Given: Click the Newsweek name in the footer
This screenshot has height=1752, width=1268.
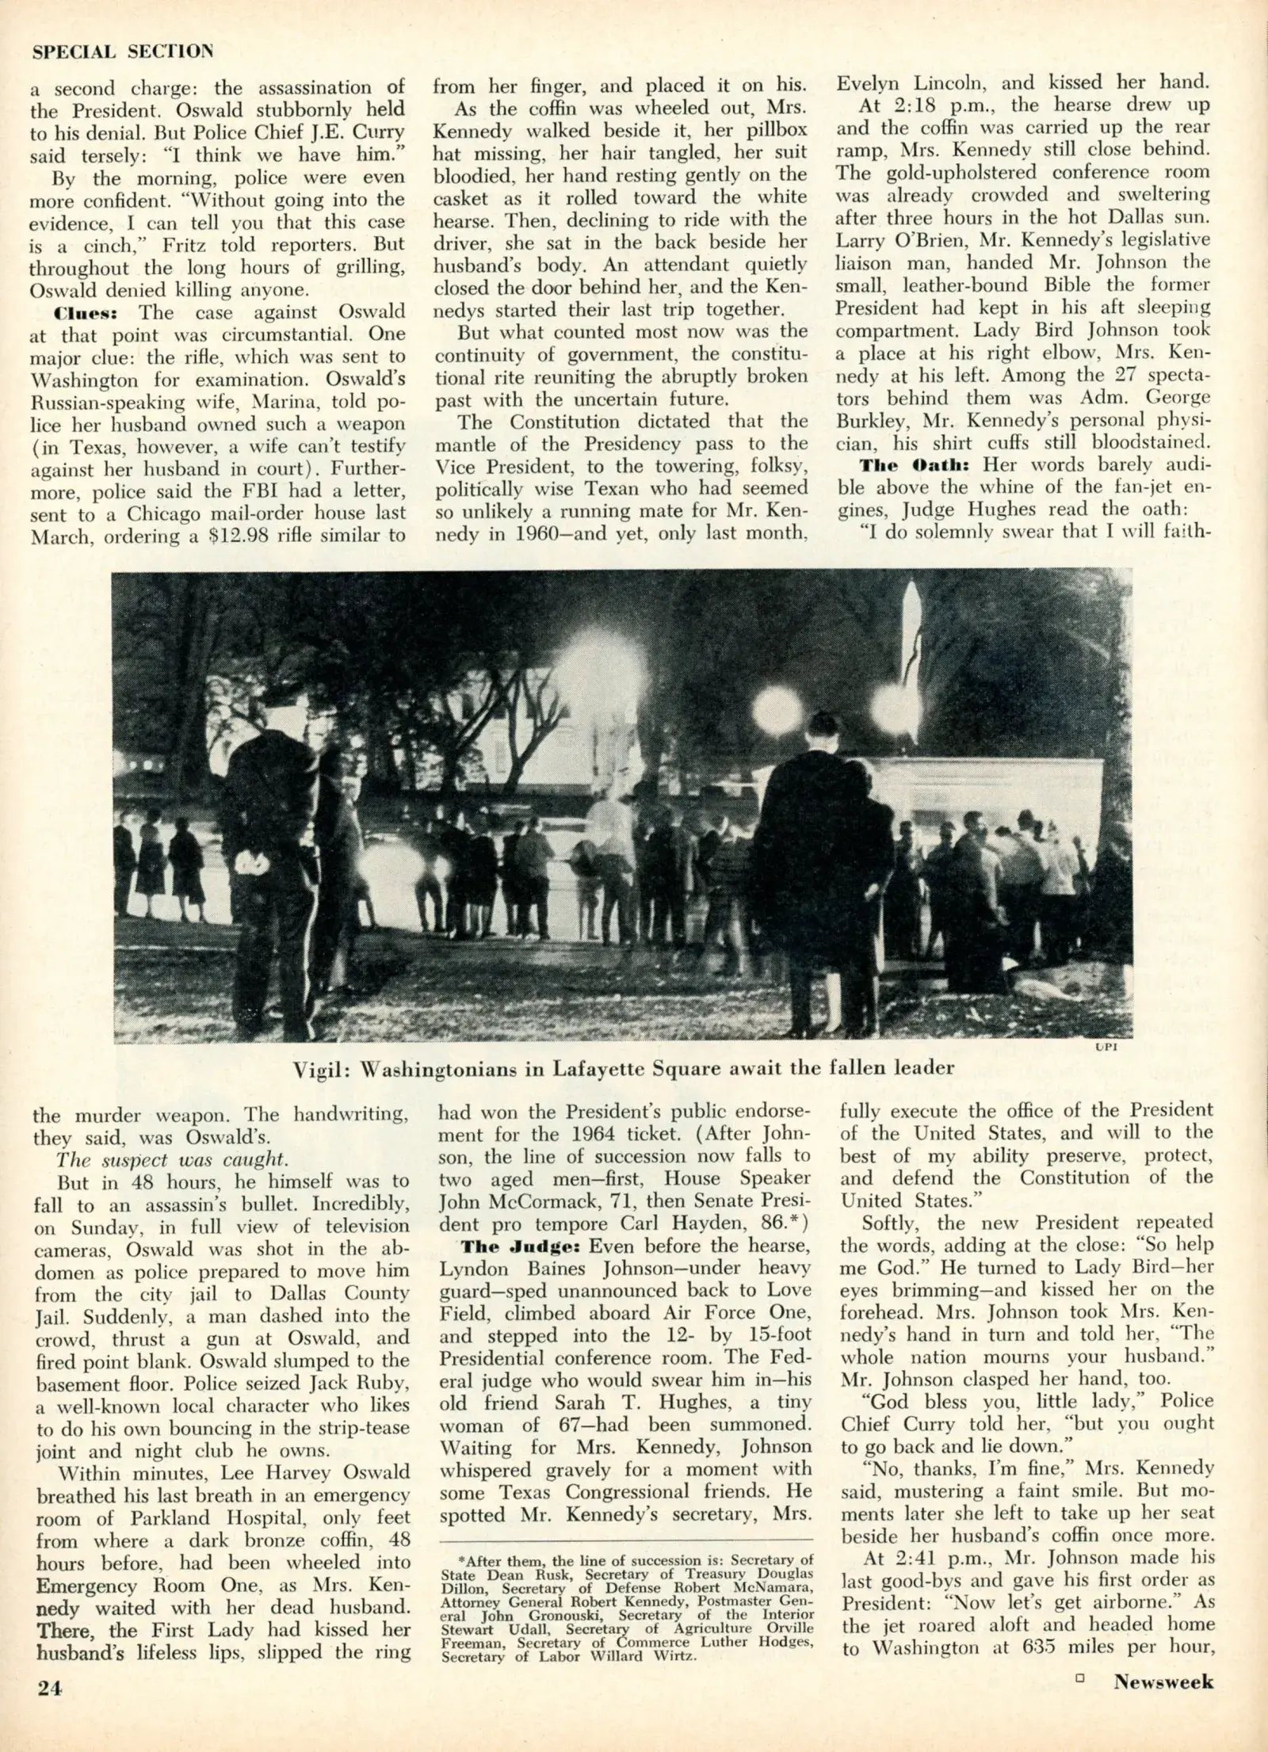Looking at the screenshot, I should (x=1163, y=1701).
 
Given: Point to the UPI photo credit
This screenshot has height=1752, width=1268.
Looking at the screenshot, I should (x=1105, y=1048).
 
